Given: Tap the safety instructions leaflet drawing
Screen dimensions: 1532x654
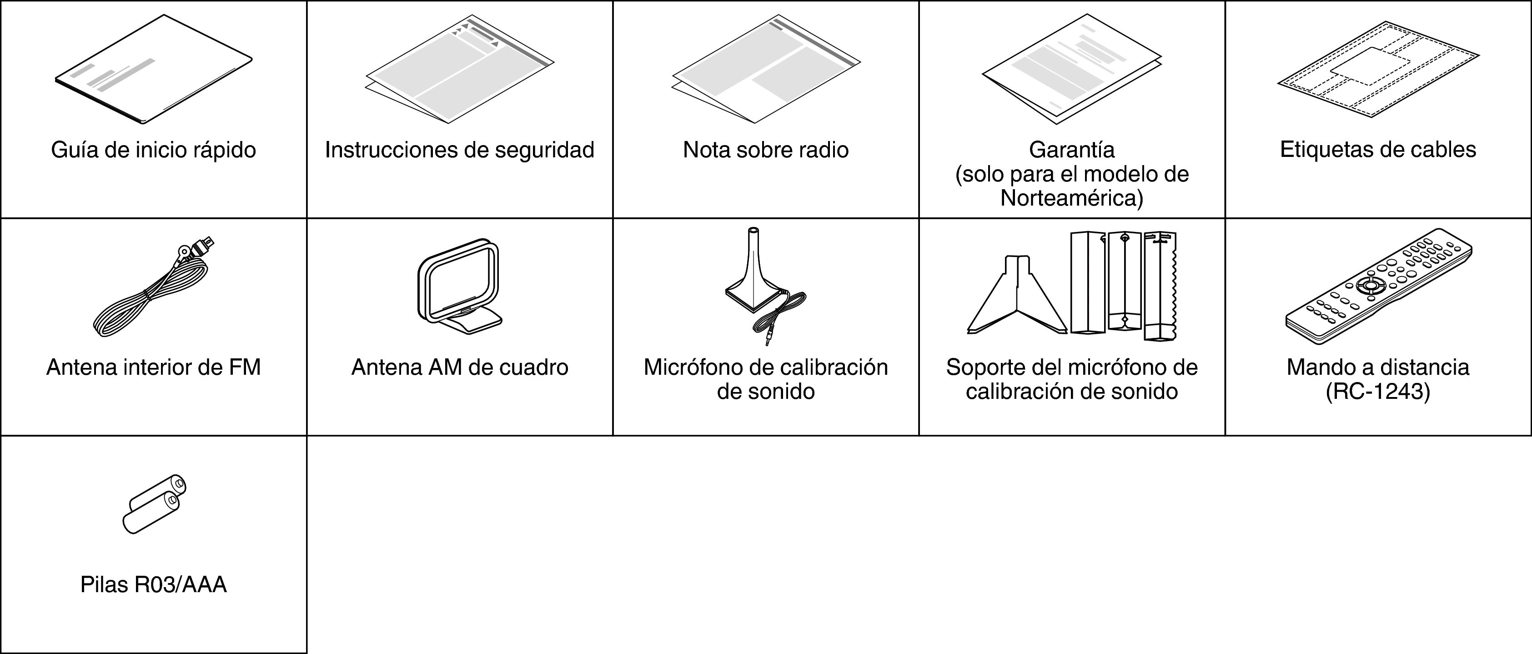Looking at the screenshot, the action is pyautogui.click(x=460, y=69).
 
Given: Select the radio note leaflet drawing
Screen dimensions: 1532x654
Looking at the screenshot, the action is pyautogui.click(x=766, y=70).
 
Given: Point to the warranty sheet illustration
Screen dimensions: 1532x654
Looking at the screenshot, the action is pyautogui.click(x=1072, y=70).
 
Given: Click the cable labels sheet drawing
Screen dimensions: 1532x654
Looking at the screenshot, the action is pyautogui.click(x=1378, y=69).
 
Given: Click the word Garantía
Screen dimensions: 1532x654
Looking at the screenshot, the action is pyautogui.click(x=1072, y=150).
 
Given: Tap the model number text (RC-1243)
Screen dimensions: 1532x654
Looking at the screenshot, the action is pyautogui.click(x=1378, y=392).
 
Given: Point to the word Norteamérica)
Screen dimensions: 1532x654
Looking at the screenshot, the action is pyautogui.click(x=1072, y=198).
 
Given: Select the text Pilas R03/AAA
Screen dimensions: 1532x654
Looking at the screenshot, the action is pyautogui.click(x=153, y=585).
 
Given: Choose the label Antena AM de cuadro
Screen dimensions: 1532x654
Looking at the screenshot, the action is pyautogui.click(x=460, y=367).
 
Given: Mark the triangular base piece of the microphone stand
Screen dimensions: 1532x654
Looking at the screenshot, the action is pyautogui.click(x=1017, y=295).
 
